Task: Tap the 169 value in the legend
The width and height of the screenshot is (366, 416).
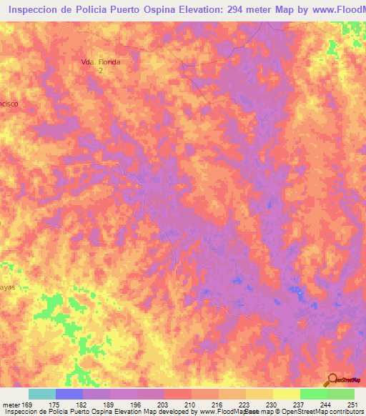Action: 29,405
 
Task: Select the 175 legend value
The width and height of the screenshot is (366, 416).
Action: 56,405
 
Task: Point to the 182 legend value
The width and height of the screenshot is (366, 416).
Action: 83,405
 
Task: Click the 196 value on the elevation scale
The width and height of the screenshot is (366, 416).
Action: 137,405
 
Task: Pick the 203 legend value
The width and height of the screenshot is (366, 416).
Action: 164,405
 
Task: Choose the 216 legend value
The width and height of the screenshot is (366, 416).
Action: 219,405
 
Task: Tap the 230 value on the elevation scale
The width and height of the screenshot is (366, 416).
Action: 273,405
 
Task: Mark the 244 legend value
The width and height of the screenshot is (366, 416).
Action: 327,405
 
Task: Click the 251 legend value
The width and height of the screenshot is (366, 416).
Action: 353,405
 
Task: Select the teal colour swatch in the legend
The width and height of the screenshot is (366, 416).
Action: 42,394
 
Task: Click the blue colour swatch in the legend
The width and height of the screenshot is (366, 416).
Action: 69,394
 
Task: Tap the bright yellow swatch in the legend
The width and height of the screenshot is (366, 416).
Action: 287,394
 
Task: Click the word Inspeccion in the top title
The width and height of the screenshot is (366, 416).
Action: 37,11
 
